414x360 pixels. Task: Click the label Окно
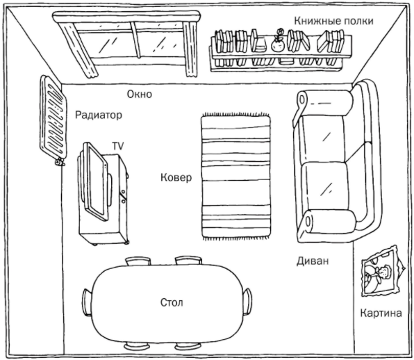click(x=140, y=95)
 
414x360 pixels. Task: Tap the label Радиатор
click(x=99, y=115)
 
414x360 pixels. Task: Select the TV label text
click(x=118, y=146)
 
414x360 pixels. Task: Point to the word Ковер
click(x=176, y=177)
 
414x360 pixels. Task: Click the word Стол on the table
click(x=172, y=302)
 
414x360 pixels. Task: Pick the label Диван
click(x=313, y=261)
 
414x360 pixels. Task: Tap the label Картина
click(x=381, y=313)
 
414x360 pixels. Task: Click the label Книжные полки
click(x=333, y=21)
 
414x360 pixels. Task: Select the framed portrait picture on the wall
click(x=382, y=271)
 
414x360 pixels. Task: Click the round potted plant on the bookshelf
click(x=278, y=42)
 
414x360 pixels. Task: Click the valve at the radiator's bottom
click(x=59, y=162)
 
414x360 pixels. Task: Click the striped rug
click(x=235, y=177)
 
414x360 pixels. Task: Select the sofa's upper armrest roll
click(x=325, y=102)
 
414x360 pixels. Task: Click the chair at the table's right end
click(x=247, y=302)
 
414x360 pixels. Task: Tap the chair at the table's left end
click(x=88, y=302)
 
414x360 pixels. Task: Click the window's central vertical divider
click(x=135, y=40)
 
